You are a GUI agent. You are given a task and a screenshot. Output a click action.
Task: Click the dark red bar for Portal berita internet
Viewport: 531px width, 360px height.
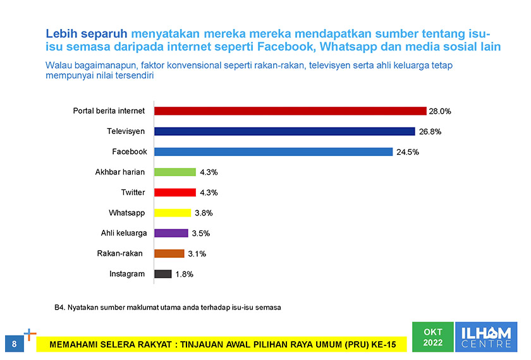pos(290,111)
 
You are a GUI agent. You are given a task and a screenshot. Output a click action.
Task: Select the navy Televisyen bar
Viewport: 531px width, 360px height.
pos(284,131)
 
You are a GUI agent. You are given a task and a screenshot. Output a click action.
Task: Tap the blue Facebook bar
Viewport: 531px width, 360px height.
pos(273,152)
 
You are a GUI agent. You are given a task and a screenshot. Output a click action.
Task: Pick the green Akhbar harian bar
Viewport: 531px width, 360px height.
pos(175,172)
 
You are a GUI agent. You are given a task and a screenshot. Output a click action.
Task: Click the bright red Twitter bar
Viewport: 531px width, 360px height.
pos(175,193)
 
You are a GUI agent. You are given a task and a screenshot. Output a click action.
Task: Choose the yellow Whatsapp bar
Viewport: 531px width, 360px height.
pos(173,213)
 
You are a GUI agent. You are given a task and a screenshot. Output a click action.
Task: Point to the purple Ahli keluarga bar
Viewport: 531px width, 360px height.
pos(171,233)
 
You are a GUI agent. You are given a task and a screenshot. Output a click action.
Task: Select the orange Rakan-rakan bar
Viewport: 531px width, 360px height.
pos(169,254)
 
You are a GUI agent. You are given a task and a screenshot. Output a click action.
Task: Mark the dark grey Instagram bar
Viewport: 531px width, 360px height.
pos(163,274)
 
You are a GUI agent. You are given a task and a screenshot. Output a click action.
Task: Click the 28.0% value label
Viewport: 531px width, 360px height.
pos(440,111)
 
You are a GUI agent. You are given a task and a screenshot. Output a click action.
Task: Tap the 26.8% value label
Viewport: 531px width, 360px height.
pos(429,132)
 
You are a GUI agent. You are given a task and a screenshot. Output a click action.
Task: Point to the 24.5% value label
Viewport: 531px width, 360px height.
pos(408,152)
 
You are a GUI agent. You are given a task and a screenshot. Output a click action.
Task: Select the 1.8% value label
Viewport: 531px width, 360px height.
pos(185,275)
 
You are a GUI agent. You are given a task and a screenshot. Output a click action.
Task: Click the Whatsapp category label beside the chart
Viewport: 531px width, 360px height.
pos(126,213)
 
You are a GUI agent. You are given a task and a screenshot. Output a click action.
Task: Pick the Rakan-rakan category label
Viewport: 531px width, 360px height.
pos(119,254)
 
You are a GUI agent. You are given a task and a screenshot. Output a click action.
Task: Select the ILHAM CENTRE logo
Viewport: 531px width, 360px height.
pos(486,337)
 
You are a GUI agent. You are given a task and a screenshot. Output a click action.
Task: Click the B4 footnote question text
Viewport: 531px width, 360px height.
pos(168,308)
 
